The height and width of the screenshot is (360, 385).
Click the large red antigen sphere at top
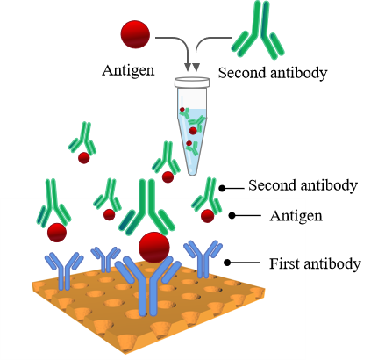135,34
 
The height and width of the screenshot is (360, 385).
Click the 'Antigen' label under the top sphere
128,71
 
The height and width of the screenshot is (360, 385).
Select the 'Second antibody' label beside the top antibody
273,73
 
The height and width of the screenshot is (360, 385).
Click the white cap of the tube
192,82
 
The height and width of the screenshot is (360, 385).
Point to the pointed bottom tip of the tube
192,175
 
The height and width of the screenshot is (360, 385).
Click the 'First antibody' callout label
315,264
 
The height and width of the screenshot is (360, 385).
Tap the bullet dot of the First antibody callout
227,263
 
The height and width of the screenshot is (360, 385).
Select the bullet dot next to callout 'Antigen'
232,215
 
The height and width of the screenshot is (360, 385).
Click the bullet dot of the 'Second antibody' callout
222,189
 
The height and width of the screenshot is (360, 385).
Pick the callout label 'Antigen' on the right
296,217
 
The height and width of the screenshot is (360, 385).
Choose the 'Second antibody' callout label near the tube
303,185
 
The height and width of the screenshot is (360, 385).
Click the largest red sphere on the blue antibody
154,248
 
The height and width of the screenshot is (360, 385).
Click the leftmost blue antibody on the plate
64,270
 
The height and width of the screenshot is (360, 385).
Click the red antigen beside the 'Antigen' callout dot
208,216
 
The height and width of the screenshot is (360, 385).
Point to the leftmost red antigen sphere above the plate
57,233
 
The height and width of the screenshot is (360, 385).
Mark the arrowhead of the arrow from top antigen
188,67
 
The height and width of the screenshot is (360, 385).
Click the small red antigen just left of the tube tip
168,177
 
